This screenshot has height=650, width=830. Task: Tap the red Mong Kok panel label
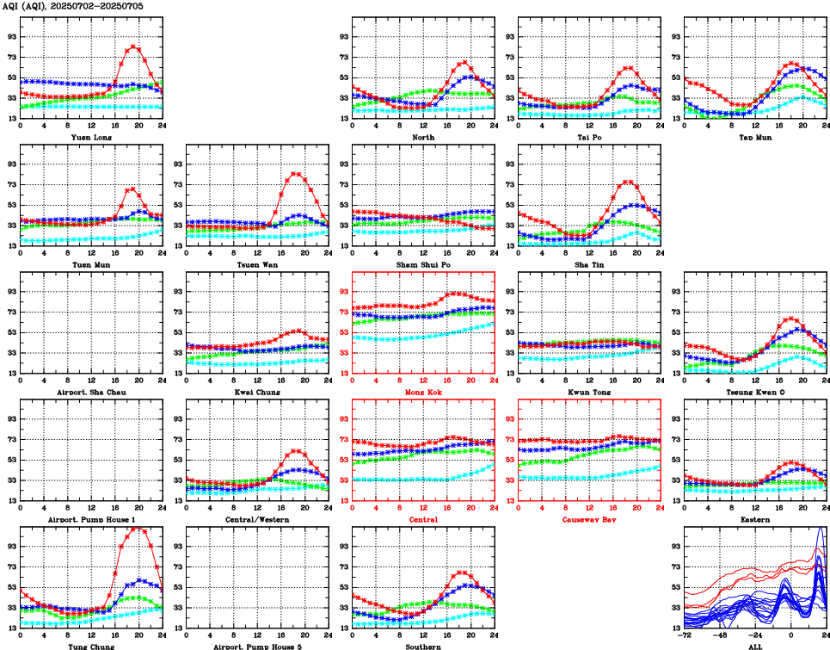pyautogui.click(x=423, y=392)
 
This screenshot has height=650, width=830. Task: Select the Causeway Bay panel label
pyautogui.click(x=589, y=519)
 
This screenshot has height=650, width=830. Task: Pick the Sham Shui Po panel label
pyautogui.click(x=423, y=264)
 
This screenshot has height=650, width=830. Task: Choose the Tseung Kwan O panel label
pyautogui.click(x=755, y=392)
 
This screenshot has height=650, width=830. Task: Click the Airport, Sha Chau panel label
pyautogui.click(x=91, y=392)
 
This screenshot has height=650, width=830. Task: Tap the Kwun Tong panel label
pyautogui.click(x=589, y=392)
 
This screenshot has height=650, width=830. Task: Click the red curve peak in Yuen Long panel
pyautogui.click(x=133, y=46)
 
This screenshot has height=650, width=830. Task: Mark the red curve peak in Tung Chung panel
pyautogui.click(x=138, y=528)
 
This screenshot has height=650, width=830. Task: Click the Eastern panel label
pyautogui.click(x=755, y=519)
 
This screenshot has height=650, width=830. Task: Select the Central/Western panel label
pyautogui.click(x=257, y=519)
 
